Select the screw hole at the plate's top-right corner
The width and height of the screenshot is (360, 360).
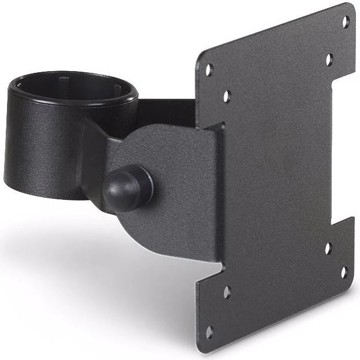346,23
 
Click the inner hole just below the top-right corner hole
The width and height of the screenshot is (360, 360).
329,59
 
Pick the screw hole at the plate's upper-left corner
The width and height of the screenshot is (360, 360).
210,69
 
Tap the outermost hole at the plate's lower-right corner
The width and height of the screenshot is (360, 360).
344,271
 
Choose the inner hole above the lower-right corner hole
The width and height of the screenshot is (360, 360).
328,249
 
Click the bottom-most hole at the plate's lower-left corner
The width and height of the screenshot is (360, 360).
209,332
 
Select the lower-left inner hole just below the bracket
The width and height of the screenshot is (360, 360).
227,291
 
